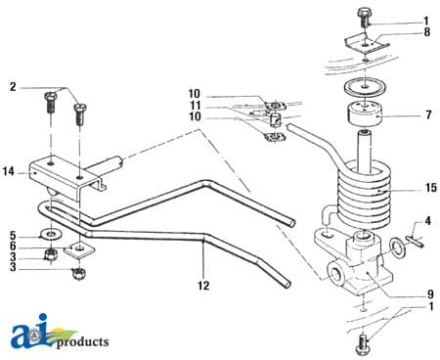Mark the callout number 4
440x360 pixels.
[x=426, y=222]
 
